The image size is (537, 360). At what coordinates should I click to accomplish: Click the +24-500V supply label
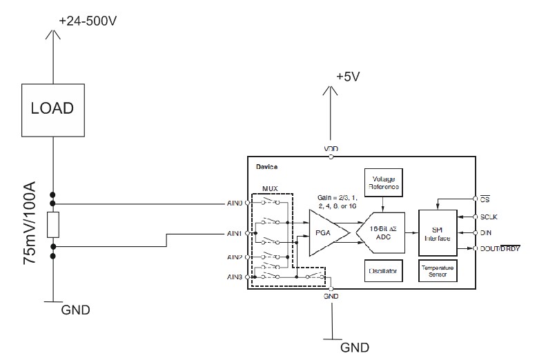point(88,21)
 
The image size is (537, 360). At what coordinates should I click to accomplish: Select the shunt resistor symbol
point(53,225)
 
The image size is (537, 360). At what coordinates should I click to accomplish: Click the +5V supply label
point(348,77)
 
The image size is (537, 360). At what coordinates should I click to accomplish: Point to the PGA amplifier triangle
point(321,232)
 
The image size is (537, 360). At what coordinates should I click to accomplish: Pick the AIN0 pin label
point(235,203)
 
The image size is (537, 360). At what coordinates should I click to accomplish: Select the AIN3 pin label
point(235,277)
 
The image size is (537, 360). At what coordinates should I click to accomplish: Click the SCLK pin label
point(489,216)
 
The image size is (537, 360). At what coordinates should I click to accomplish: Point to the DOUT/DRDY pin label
point(500,248)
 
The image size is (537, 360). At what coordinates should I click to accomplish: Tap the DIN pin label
point(485,232)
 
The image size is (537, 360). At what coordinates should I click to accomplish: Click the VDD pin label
point(332,149)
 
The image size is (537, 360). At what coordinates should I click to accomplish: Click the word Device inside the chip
point(267,166)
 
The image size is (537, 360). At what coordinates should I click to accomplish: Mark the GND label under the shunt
point(76,309)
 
